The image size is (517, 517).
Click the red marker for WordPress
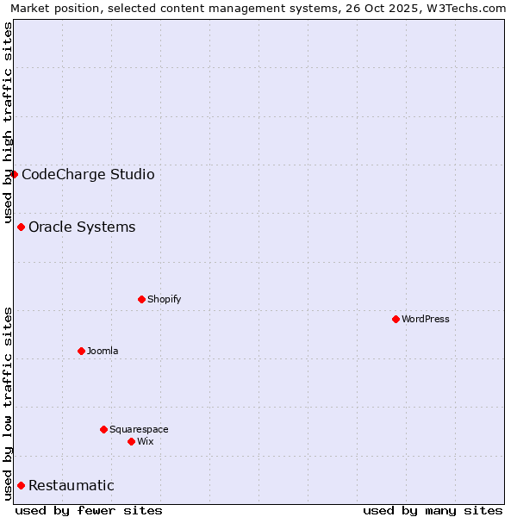(396, 319)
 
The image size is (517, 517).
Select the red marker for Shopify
(141, 299)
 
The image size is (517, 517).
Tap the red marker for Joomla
(81, 351)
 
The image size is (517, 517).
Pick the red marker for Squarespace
(103, 429)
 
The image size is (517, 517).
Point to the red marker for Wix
(131, 441)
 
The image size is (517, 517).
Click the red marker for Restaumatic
(21, 485)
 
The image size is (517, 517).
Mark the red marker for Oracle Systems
(21, 227)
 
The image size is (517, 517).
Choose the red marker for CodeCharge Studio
(14, 174)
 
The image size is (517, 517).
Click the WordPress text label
(426, 319)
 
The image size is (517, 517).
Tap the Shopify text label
(164, 299)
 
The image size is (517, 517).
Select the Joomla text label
(103, 351)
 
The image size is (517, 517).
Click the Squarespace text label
(139, 429)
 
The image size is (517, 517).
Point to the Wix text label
(145, 441)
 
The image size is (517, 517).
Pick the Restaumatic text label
(71, 485)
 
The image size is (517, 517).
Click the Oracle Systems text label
(82, 227)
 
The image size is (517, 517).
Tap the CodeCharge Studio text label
(88, 174)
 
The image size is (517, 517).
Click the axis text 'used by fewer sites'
(89, 510)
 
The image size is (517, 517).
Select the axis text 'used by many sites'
(433, 510)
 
